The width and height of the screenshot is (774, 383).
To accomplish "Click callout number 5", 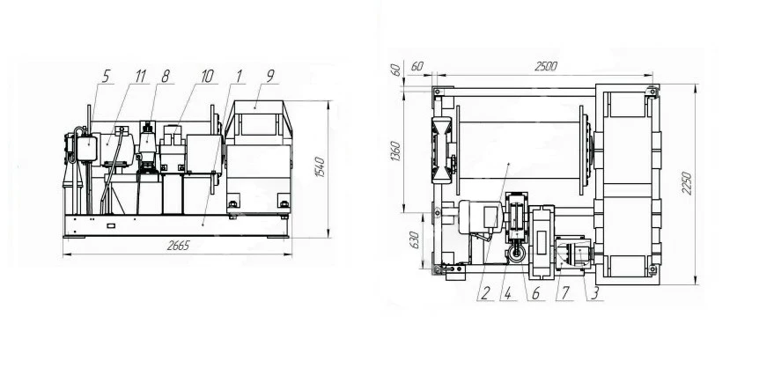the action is pos(107,76).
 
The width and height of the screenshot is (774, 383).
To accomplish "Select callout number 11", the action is pos(141,76).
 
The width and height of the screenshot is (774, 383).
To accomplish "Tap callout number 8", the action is pos(166,76).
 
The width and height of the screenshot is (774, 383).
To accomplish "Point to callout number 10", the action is pos(207,76).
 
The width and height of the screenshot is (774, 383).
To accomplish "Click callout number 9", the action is pos(270,76).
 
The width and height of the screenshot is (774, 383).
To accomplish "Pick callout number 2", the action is pos(484,294).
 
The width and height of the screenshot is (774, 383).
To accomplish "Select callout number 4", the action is pos(507,294).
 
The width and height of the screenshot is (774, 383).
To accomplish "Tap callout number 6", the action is pos(535,294).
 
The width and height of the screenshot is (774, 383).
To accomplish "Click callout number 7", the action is pos(564,294).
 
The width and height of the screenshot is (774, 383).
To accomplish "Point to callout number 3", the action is pos(595,294).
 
